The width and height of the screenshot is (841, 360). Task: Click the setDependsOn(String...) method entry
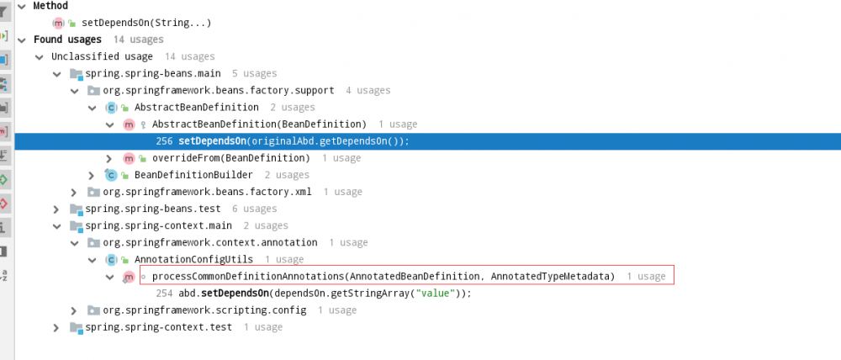[146, 23]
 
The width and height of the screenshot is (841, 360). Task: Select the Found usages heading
[67, 40]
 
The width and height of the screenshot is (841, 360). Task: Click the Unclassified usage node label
[102, 56]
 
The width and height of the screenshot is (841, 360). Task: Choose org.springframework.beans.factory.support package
[219, 90]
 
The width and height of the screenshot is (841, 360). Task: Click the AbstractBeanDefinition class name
[196, 108]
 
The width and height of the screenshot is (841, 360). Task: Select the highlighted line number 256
[164, 141]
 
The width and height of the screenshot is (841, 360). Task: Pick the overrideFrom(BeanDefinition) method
[231, 158]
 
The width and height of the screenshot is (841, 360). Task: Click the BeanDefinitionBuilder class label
[193, 175]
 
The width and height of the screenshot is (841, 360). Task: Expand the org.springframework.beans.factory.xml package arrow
[74, 192]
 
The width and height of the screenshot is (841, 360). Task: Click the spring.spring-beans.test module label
[153, 209]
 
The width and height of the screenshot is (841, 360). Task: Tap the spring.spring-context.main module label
[159, 226]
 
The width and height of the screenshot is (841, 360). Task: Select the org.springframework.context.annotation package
[210, 242]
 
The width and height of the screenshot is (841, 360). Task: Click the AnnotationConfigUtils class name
[193, 260]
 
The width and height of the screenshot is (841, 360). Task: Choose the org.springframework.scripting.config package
[204, 310]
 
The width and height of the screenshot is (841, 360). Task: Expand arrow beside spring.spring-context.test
[56, 327]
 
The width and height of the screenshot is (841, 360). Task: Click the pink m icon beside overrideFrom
[129, 158]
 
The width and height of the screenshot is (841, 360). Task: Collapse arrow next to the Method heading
[22, 6]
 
